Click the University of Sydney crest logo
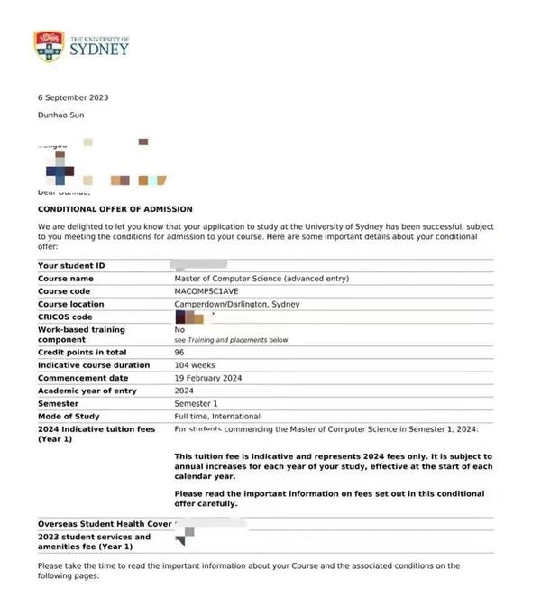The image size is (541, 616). (49, 45)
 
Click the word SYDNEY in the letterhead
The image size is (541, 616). (99, 50)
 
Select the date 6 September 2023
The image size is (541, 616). (73, 97)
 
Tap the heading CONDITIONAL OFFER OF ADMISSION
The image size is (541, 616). (115, 209)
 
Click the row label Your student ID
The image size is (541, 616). (71, 266)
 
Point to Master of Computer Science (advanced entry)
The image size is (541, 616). (261, 279)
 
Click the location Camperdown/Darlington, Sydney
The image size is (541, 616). (237, 304)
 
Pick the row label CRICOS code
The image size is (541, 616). (65, 317)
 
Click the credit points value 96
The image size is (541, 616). (179, 353)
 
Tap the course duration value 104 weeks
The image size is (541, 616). (196, 365)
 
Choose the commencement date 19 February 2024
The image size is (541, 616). (208, 378)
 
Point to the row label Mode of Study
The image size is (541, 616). (69, 416)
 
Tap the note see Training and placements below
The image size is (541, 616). (231, 340)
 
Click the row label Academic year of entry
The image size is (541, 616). (87, 391)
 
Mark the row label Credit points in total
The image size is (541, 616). (81, 353)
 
